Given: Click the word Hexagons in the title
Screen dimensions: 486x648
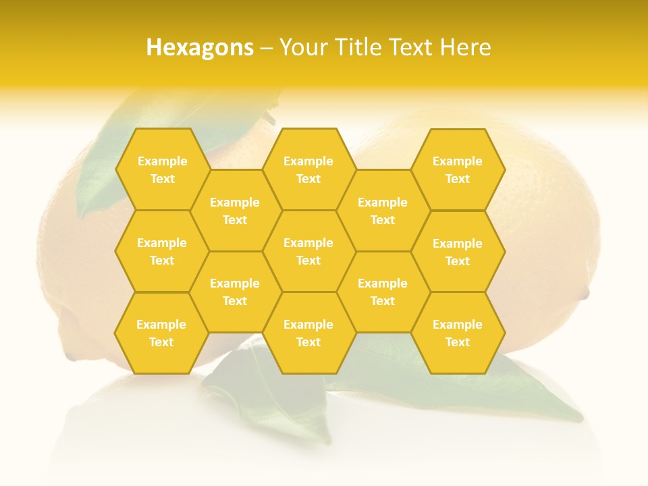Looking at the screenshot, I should click(200, 47).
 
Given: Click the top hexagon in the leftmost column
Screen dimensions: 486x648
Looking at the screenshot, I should click(162, 169).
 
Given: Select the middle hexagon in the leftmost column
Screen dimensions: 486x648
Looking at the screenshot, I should click(162, 251).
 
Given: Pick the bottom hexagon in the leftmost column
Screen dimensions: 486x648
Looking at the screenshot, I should click(161, 333).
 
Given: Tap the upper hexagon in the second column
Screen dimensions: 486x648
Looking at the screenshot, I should click(235, 211).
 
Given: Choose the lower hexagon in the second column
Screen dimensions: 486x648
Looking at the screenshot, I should click(235, 292).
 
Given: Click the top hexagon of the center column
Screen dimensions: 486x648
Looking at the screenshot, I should click(308, 169).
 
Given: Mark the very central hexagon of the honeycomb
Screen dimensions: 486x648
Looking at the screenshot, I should click(308, 251).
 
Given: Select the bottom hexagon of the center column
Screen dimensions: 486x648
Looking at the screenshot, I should click(308, 333).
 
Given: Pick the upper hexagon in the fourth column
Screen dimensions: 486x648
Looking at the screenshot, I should click(383, 211).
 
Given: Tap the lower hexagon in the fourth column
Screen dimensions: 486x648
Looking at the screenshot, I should click(383, 292).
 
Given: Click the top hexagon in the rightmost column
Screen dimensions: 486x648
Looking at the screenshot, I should click(458, 169).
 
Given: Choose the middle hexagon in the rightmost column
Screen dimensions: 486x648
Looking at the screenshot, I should click(458, 252).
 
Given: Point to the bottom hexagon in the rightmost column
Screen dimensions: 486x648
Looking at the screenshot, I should click(458, 333).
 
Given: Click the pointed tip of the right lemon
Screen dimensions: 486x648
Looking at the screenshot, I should click(585, 294).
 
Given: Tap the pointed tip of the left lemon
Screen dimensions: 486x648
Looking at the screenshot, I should click(70, 355).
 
